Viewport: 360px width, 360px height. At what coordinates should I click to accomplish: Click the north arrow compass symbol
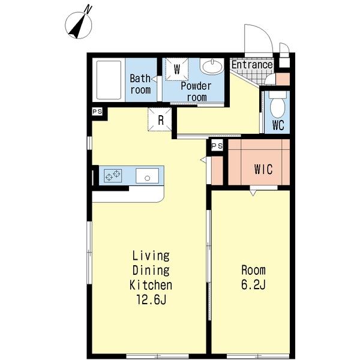79,25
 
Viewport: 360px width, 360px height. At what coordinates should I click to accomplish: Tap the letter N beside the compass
88,9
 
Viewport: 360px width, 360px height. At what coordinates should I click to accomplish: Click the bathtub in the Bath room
109,80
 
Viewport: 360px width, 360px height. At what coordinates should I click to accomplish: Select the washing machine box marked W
177,69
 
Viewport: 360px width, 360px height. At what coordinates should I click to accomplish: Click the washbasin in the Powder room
212,65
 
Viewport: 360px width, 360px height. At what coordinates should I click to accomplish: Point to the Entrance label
252,65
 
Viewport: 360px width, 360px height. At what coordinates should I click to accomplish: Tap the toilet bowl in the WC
278,105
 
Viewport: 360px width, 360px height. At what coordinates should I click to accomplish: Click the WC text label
278,125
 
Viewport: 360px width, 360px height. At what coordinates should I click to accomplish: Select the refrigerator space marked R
160,119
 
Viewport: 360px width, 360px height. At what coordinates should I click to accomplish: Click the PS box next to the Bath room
97,112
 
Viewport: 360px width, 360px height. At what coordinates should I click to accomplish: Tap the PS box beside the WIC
217,146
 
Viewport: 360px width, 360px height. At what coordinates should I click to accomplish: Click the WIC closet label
263,169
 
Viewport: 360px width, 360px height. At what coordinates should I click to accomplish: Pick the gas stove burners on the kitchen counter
113,175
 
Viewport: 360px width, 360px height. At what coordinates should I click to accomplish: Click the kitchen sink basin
147,176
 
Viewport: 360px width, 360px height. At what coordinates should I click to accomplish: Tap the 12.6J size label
151,299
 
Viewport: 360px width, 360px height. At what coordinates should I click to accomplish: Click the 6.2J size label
253,284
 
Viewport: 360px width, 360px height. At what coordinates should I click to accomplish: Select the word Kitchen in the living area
151,285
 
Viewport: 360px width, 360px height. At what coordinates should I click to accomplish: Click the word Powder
196,86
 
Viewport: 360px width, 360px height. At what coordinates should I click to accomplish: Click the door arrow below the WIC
253,193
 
